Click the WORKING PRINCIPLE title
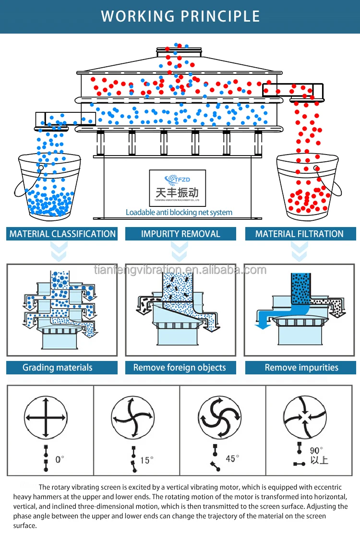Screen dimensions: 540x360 pos(180,16)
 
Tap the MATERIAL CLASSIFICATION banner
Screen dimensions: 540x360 pos(62,234)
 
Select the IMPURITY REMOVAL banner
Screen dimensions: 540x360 pos(180,234)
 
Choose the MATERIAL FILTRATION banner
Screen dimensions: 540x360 pos(299,234)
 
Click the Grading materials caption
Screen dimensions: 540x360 pos(58,368)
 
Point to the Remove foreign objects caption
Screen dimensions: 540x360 pos(180,368)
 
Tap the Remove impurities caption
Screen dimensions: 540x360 pos(301,368)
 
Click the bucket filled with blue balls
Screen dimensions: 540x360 pos(46,185)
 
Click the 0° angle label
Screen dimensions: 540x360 pos(60,459)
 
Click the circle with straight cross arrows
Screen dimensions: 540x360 pos(46,417)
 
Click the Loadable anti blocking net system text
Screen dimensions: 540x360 pos(179,212)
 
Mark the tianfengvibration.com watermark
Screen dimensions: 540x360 pos(180,270)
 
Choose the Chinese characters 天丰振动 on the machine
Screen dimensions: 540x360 pos(177,192)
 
